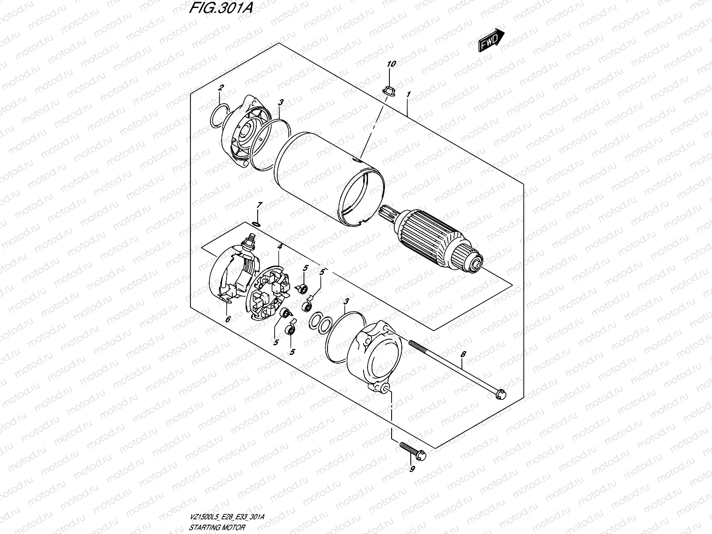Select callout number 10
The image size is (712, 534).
[x=391, y=65]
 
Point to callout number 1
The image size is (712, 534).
[x=408, y=94]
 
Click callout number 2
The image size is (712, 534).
[x=221, y=87]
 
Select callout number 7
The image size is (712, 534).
[x=260, y=205]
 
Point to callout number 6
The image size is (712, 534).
[x=227, y=319]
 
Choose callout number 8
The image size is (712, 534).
[x=463, y=355]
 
